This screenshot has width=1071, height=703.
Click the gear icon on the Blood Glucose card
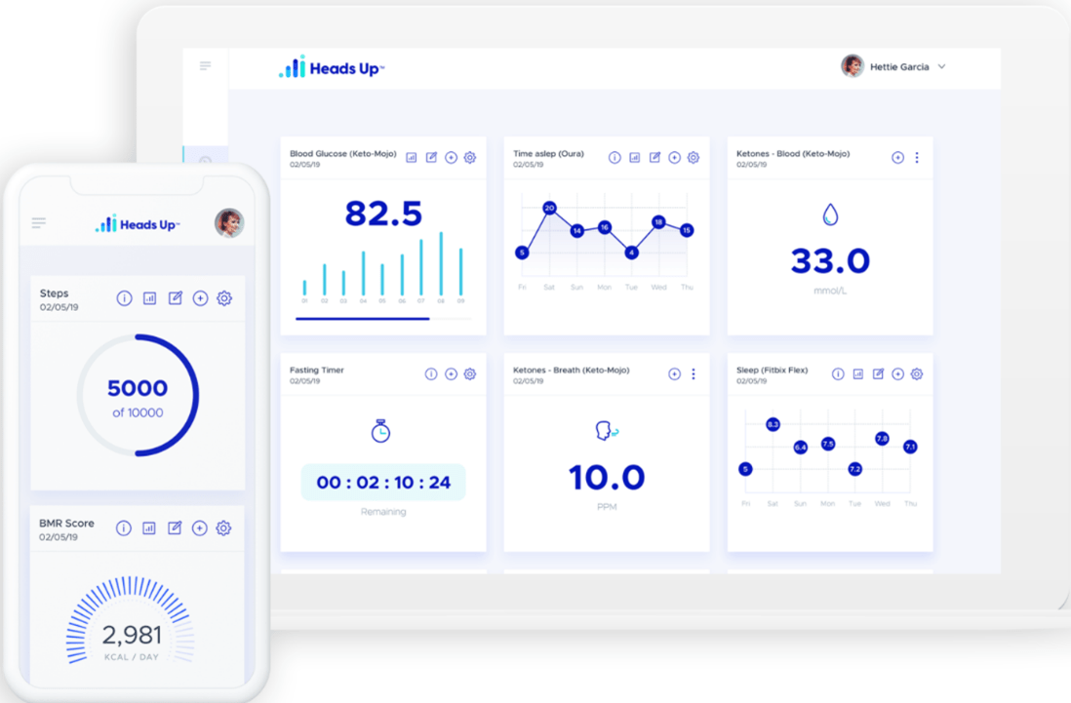pos(470,158)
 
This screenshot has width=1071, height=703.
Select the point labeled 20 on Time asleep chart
pos(549,208)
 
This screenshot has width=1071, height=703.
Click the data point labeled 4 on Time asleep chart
pos(632,253)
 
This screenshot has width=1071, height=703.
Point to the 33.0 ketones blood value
pos(830,260)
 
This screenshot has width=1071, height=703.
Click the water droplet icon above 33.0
pos(830,215)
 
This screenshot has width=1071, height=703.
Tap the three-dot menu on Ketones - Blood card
pos(917,158)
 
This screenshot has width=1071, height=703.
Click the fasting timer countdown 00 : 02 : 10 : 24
pos(383,483)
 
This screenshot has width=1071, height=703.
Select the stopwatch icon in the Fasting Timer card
pos(381,431)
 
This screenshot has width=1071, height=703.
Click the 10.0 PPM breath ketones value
pos(607,478)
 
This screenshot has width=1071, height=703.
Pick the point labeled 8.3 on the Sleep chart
pos(773,424)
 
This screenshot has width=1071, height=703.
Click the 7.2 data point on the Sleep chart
pos(855,469)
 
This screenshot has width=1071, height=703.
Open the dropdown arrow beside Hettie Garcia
pos(941,67)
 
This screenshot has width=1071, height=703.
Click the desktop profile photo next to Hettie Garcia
pos(853,66)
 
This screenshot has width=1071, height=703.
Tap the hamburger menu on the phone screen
pos(39,223)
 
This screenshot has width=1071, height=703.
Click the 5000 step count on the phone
pos(138,389)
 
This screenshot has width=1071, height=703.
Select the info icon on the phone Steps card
pos(124,298)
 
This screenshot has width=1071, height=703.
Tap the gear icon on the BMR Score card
pos(223,528)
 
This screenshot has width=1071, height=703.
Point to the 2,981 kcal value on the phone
pos(132,636)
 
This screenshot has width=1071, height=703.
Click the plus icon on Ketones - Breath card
pos(674,374)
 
